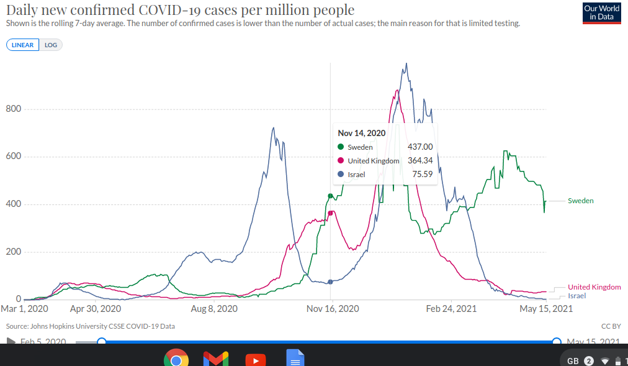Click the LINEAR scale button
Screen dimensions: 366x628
[x=22, y=45]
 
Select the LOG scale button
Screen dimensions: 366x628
[x=50, y=45]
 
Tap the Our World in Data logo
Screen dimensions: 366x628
[x=601, y=12]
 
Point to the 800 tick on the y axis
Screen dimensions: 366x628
[x=14, y=109]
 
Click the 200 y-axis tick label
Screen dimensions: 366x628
[x=14, y=252]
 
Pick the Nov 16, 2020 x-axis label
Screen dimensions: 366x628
[x=333, y=309]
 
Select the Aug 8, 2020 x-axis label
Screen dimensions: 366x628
[x=214, y=309]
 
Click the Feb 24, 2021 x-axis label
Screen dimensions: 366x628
[x=451, y=309]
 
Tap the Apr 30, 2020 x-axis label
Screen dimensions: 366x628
[x=96, y=309]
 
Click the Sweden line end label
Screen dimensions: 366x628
[x=580, y=201]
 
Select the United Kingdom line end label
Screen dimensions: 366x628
[x=594, y=287]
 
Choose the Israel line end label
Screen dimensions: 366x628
[x=576, y=296]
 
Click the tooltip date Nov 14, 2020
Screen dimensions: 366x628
[x=362, y=133]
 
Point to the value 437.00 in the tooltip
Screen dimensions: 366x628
[x=420, y=147]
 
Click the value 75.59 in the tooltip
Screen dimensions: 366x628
[x=423, y=175]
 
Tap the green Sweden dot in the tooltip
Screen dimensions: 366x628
[x=340, y=147]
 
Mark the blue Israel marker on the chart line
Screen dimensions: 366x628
[x=330, y=282]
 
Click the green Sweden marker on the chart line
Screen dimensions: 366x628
[x=330, y=196]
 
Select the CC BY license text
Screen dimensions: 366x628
[x=611, y=326]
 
